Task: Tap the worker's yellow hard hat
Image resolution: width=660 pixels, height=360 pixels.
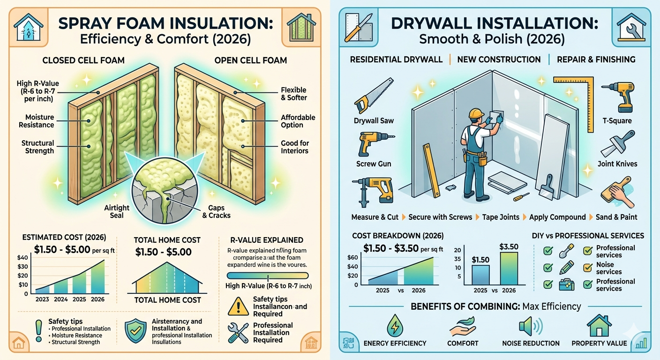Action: tap(476, 115)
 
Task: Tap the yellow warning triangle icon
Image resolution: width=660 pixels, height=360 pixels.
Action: tap(237, 307)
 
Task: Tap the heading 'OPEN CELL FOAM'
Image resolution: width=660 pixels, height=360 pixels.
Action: tap(250, 60)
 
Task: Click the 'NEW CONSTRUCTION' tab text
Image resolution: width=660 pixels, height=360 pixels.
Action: tap(499, 60)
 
